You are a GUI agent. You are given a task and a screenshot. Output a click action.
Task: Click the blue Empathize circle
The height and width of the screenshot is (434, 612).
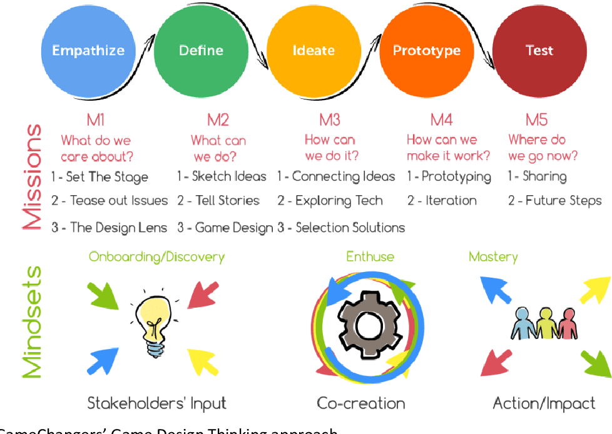(x=88, y=51)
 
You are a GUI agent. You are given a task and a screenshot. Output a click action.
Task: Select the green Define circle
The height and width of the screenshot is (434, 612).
(x=201, y=51)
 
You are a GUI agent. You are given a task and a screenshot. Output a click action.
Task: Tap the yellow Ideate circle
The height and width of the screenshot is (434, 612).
(x=314, y=51)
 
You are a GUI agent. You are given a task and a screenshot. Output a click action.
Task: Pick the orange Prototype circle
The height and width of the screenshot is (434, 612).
(x=426, y=51)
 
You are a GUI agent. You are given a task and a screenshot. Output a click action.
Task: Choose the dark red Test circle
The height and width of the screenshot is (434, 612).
(x=539, y=51)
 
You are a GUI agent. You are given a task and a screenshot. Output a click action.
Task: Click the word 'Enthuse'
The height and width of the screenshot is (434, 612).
(x=370, y=256)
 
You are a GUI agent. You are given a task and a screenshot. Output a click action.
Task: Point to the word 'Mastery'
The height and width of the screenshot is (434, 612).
(x=493, y=256)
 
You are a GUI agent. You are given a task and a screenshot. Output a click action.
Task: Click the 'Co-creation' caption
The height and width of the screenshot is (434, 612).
(x=361, y=403)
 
